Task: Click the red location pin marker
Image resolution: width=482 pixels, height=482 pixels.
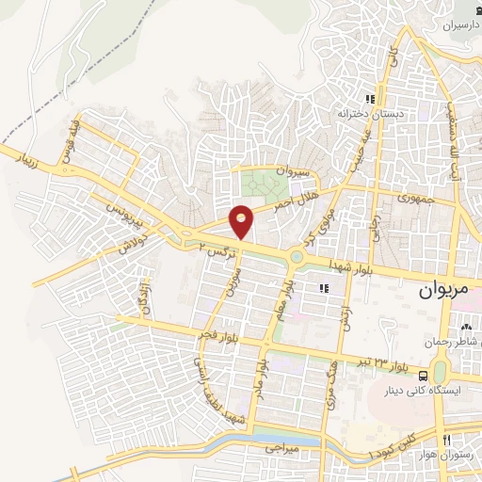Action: click(x=242, y=219)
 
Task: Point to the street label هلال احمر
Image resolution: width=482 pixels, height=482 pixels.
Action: click(x=294, y=197)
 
